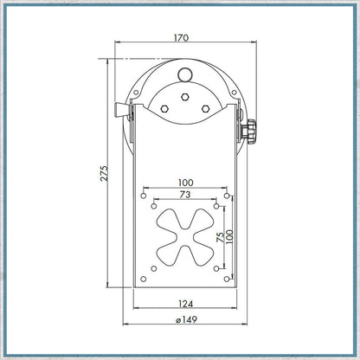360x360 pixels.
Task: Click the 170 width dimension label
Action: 181,38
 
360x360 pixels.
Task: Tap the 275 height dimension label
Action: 104,173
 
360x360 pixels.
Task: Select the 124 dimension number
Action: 185,304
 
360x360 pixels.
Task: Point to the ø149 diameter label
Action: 186,319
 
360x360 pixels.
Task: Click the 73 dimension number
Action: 185,195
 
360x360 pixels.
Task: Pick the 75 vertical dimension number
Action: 220,237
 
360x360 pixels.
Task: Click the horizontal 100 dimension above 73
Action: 185,183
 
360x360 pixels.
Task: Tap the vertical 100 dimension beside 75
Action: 229,237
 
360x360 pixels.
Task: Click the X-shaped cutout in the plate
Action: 185,237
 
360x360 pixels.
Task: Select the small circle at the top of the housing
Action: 184,74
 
